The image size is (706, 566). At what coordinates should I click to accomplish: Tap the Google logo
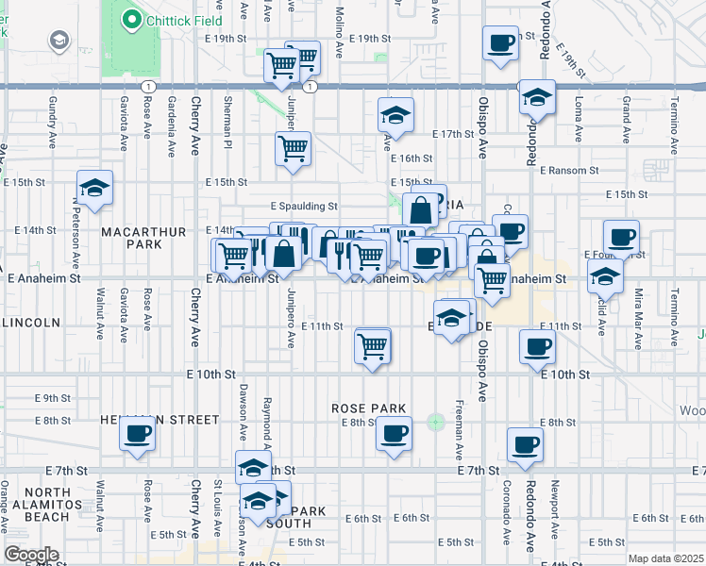(31, 555)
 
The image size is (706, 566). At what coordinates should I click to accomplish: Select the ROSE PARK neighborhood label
(369, 408)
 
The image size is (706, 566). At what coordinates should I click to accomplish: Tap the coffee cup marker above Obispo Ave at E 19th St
(500, 42)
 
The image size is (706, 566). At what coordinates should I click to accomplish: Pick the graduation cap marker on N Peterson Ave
(94, 188)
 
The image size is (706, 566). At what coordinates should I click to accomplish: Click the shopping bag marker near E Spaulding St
(421, 210)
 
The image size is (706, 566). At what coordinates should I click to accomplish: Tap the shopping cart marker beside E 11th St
(373, 346)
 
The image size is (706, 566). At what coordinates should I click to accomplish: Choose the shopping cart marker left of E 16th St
(293, 148)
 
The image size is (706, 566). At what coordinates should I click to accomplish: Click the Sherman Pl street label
(227, 123)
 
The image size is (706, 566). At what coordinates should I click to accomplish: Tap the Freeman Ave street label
(459, 412)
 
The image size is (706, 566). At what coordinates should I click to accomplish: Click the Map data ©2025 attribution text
(665, 558)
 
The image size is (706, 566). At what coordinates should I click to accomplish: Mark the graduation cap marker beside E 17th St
(395, 116)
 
